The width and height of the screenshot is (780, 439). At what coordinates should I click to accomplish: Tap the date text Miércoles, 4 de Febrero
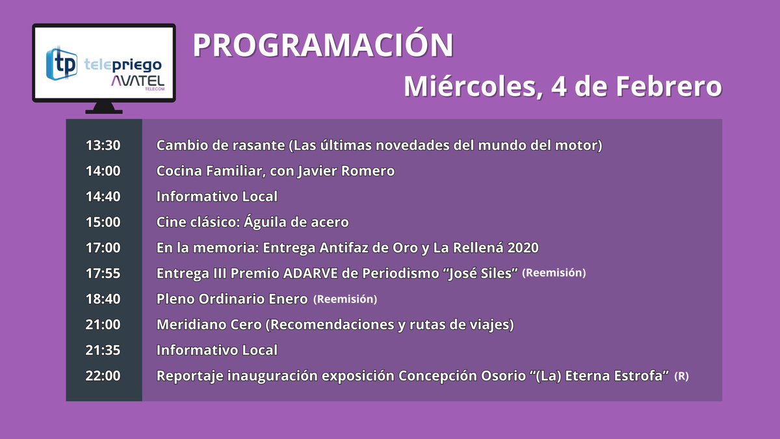[562, 86]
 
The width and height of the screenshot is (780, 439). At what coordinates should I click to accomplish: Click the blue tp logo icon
[62, 63]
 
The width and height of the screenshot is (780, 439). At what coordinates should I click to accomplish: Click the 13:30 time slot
[103, 146]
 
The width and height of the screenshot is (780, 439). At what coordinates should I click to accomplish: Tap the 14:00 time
[103, 171]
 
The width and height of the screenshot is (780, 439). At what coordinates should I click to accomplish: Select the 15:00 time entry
[103, 222]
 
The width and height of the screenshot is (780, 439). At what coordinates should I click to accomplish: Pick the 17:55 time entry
[103, 273]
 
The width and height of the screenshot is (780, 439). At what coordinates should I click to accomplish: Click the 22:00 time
[103, 376]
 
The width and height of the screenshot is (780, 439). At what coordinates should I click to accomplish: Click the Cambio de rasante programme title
[220, 146]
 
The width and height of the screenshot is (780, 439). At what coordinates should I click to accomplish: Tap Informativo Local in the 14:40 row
[217, 196]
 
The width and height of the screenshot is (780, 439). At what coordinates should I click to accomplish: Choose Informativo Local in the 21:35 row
[217, 351]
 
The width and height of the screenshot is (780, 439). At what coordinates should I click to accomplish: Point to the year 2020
[522, 248]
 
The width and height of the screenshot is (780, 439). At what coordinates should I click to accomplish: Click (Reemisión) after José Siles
[554, 273]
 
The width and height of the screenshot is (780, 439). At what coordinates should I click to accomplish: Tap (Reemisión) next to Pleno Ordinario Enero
[345, 299]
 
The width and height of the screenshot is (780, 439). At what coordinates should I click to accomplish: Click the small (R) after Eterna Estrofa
[682, 376]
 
